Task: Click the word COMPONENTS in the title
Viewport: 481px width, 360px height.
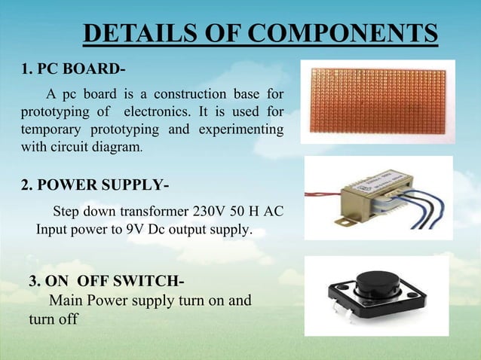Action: [x=343, y=34]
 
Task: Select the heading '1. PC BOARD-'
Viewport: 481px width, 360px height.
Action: [x=72, y=71]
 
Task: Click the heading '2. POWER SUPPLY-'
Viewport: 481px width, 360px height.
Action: [x=94, y=185]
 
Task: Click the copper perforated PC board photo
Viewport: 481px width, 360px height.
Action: [x=376, y=102]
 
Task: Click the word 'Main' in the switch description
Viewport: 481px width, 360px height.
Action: [x=66, y=301]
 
